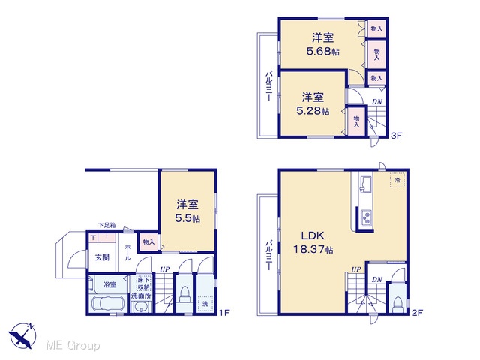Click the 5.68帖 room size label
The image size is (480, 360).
point(323,51)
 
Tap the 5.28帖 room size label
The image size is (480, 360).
point(313,110)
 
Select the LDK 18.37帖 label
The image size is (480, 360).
point(313,243)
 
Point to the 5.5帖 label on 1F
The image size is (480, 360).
point(187,218)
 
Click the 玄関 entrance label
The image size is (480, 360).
point(102,257)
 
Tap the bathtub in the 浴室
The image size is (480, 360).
point(108,303)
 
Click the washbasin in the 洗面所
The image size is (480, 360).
point(141,307)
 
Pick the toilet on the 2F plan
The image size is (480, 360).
point(397,304)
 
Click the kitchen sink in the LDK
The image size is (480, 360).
point(365,184)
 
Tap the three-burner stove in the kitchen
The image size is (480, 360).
point(365,217)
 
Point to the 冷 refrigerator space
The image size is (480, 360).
point(397,180)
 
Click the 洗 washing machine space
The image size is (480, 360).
point(205,304)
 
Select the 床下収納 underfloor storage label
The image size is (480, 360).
point(143,283)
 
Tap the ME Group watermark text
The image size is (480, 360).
point(73,345)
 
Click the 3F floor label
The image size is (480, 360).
point(396,136)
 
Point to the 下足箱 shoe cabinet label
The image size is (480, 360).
point(106,225)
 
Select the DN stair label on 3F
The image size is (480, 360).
point(377,101)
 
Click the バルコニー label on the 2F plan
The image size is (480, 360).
point(268,255)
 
